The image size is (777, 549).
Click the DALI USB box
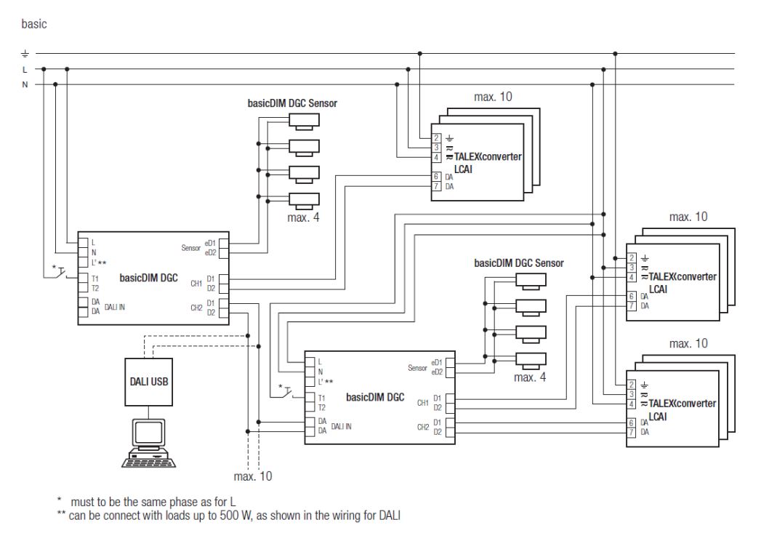click(148, 381)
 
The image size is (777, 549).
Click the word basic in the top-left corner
click(34, 24)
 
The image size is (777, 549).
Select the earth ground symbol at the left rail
click(25, 54)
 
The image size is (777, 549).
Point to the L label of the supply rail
click(25, 69)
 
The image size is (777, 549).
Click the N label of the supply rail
click(25, 84)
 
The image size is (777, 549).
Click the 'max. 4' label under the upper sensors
click(305, 217)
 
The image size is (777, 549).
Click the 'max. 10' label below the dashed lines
click(253, 476)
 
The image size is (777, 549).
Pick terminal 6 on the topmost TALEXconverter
click(436, 177)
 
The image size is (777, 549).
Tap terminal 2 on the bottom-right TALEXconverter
click(632, 385)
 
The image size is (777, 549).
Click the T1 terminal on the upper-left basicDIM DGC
click(95, 278)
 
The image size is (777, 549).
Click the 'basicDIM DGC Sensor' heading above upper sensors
click(293, 103)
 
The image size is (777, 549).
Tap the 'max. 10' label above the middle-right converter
click(688, 217)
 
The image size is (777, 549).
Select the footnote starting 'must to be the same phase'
click(153, 502)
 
